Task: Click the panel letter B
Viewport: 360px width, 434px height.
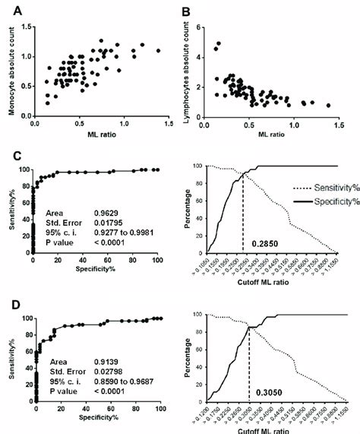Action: pyautogui.click(x=187, y=9)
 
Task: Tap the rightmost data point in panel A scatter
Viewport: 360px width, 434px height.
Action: pyautogui.click(x=158, y=51)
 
